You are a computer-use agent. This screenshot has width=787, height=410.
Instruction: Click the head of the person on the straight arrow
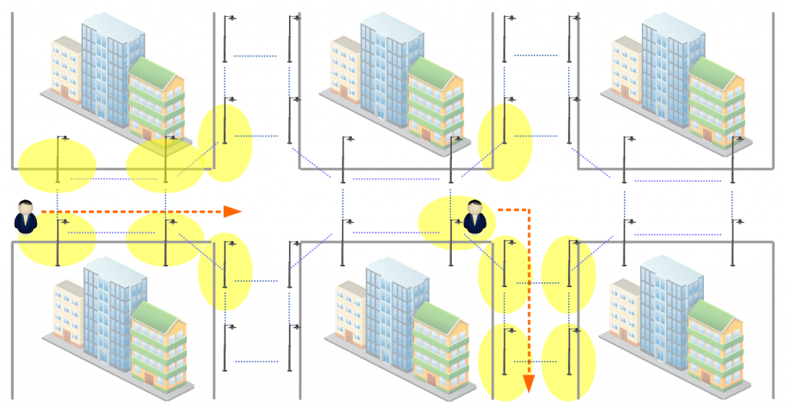pos(26,207)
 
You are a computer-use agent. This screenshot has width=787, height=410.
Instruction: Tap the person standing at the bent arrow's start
pos(476,217)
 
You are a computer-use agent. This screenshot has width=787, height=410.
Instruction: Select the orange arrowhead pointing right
pos(232,211)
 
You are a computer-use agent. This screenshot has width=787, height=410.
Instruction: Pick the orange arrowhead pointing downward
pos(529,383)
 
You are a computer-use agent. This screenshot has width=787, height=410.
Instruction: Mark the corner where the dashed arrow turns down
pos(529,209)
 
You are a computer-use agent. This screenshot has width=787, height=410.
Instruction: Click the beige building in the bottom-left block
pos(68,315)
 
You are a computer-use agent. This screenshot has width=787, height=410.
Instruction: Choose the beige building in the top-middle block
pos(345,69)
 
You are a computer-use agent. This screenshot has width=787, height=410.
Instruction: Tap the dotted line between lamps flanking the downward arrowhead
pos(535,361)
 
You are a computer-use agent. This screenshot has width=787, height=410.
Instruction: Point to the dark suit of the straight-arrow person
pos(26,223)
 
